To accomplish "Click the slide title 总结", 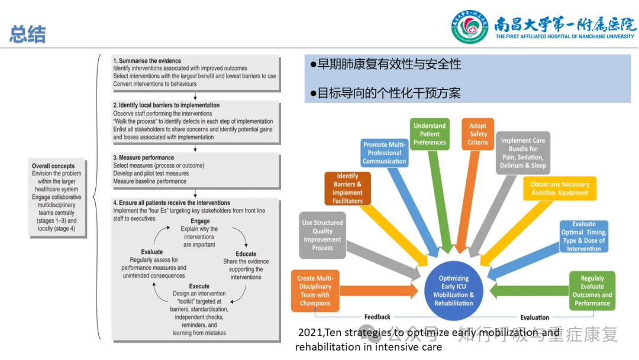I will click(x=27, y=34).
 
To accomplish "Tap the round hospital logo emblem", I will click(x=470, y=27).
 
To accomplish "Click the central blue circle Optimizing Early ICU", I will click(x=453, y=291).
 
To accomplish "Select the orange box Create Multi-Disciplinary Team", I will click(x=315, y=291).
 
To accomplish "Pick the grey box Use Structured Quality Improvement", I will click(x=322, y=235).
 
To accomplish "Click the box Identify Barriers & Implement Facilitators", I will click(x=347, y=188).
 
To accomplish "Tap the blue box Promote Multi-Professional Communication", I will click(x=384, y=153).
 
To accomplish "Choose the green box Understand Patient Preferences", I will click(x=430, y=134).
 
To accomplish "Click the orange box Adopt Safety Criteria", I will click(x=477, y=134).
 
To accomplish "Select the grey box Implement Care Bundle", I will click(x=523, y=153).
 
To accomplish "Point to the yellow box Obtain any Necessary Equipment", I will click(x=560, y=188).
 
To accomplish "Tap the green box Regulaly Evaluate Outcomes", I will click(x=592, y=291).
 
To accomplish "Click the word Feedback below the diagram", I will click(x=377, y=317).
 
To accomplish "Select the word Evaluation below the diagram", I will click(x=534, y=317).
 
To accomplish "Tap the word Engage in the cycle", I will click(x=200, y=221).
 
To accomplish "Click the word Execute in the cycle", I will click(x=199, y=287).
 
